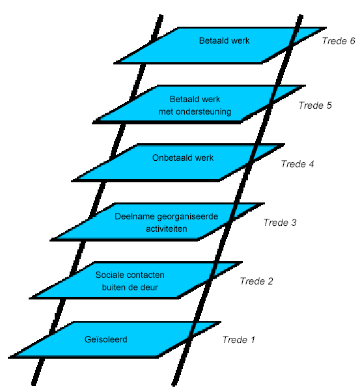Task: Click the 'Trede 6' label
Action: [x=339, y=41]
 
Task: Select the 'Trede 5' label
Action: [x=315, y=105]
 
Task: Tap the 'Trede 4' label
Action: [x=298, y=164]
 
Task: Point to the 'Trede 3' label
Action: [x=280, y=223]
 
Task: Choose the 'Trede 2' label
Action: [x=256, y=281]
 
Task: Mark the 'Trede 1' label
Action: [x=238, y=340]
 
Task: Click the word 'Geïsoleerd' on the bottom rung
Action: [x=106, y=339]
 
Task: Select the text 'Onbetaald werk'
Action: [x=183, y=158]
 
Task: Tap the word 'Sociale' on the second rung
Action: [x=109, y=275]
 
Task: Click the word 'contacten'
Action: [x=145, y=275]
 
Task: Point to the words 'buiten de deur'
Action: [x=130, y=287]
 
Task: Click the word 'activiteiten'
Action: [x=166, y=229]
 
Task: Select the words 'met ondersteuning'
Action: [x=195, y=111]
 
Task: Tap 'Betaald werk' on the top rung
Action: [x=224, y=40]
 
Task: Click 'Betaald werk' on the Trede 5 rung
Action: [x=195, y=99]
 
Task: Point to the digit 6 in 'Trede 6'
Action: [x=352, y=41]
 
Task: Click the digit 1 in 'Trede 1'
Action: [x=253, y=340]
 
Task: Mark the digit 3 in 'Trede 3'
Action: [x=294, y=223]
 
